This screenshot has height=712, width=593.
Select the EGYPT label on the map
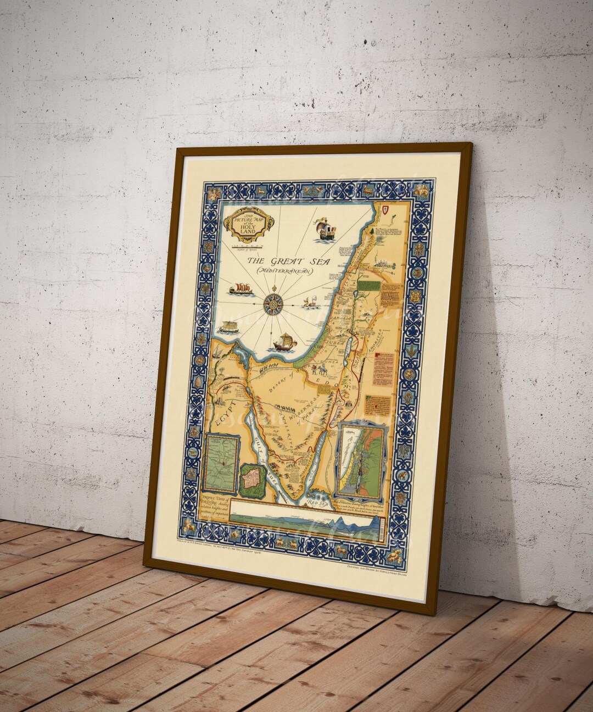coord(223,413)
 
